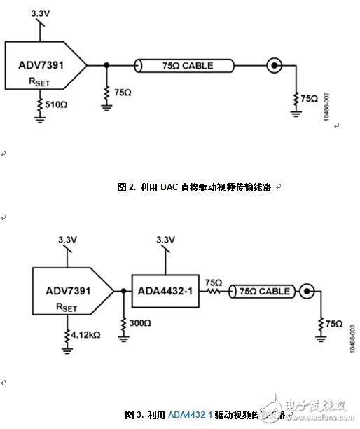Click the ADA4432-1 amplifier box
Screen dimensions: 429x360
pos(165,290)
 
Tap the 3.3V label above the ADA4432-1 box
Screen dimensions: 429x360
pos(165,240)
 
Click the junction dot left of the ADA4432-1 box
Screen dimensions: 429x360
pos(123,290)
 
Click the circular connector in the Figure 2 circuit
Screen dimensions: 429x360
pos(275,67)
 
